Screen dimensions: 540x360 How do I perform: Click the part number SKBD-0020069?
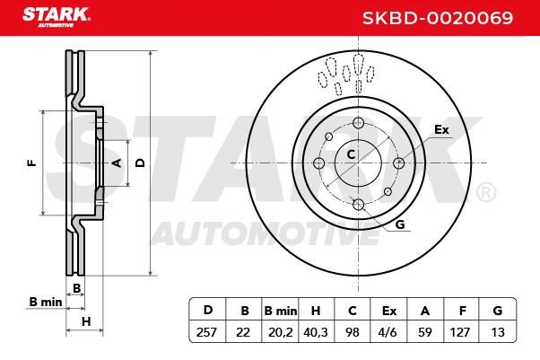pyautogui.click(x=438, y=18)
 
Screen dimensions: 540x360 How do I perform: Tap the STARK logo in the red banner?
pyautogui.click(x=57, y=17)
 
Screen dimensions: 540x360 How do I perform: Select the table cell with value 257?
pyautogui.click(x=206, y=332)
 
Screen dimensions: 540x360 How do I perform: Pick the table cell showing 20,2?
pyautogui.click(x=281, y=332)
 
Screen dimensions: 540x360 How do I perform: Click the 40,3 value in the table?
pyautogui.click(x=316, y=332)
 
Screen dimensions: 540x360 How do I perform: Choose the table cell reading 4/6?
pyautogui.click(x=388, y=332)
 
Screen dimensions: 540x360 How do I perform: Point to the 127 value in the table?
pyautogui.click(x=460, y=332)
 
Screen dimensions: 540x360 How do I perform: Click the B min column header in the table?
pyautogui.click(x=281, y=311)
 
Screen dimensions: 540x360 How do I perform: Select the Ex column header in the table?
pyautogui.click(x=389, y=311)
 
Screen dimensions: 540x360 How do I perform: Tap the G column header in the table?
pyautogui.click(x=498, y=311)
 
